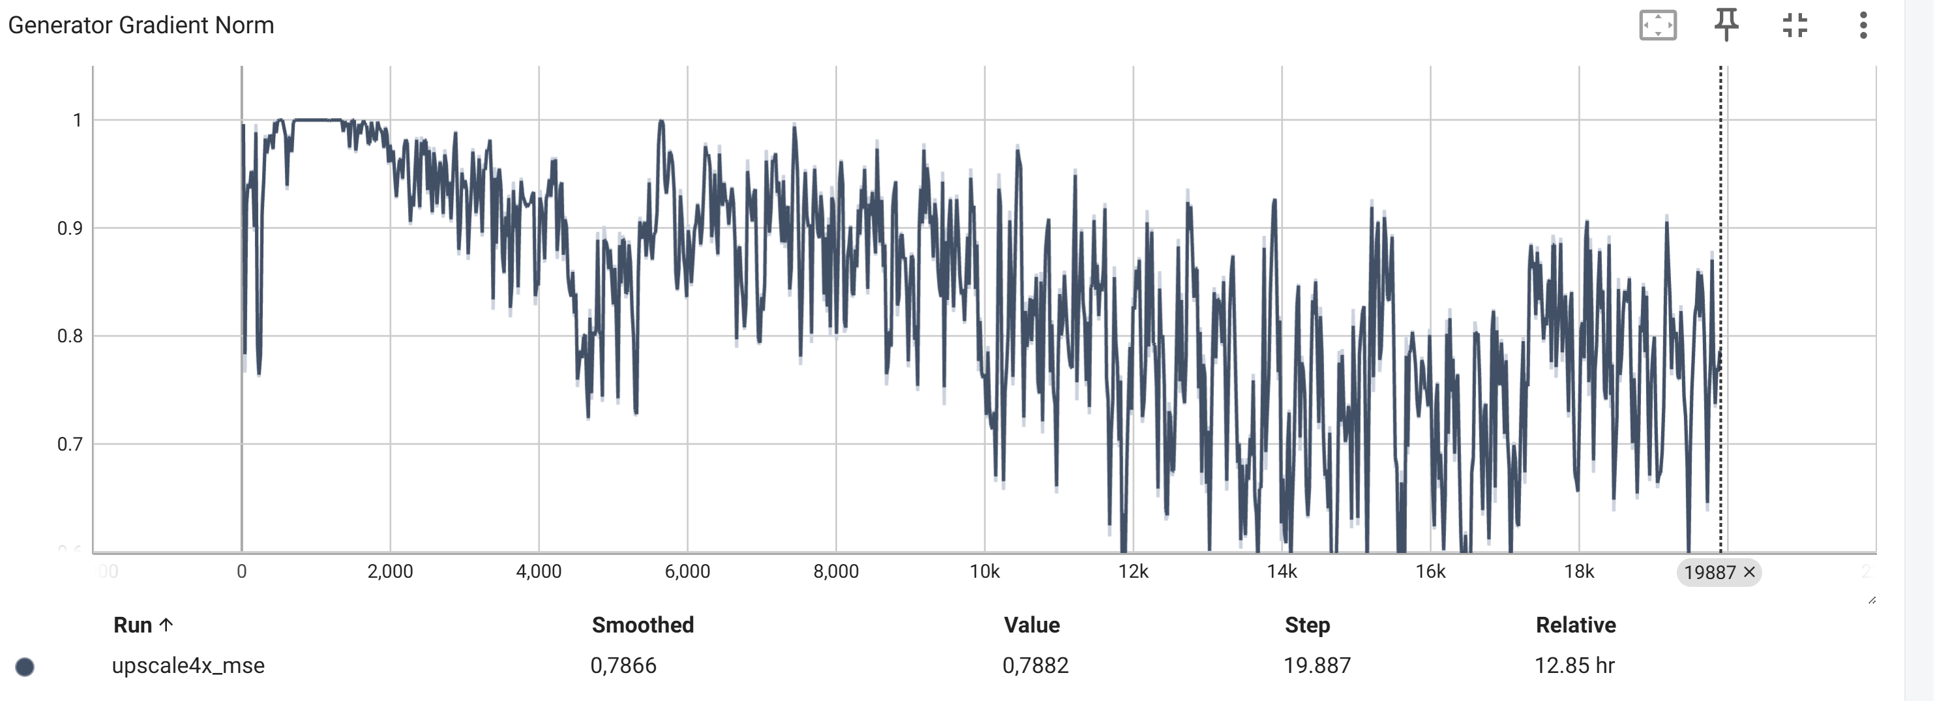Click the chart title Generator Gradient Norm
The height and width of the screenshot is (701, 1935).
pyautogui.click(x=141, y=25)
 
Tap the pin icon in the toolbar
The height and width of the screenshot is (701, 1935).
pyautogui.click(x=1726, y=25)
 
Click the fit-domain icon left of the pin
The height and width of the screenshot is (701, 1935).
pyautogui.click(x=1657, y=25)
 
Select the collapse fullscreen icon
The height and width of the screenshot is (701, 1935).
pyautogui.click(x=1795, y=25)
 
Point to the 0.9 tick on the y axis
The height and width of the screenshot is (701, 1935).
pyautogui.click(x=70, y=228)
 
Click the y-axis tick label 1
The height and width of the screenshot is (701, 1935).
pyautogui.click(x=77, y=120)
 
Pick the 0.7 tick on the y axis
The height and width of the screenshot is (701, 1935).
pyautogui.click(x=70, y=444)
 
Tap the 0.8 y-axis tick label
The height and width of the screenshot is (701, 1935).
pyautogui.click(x=70, y=336)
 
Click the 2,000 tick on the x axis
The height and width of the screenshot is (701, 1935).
pyautogui.click(x=390, y=572)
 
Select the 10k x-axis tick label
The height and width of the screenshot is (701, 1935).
pyautogui.click(x=984, y=572)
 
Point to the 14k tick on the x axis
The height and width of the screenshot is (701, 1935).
pyautogui.click(x=1282, y=572)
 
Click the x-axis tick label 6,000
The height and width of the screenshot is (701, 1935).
pyautogui.click(x=687, y=572)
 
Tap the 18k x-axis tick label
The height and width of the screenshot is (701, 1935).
pyautogui.click(x=1579, y=572)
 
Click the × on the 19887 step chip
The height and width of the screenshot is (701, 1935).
pyautogui.click(x=1749, y=573)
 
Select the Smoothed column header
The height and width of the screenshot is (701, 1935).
pyautogui.click(x=642, y=625)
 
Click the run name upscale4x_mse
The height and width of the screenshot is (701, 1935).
pyautogui.click(x=188, y=666)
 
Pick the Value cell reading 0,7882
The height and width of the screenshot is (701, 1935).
pyautogui.click(x=1035, y=666)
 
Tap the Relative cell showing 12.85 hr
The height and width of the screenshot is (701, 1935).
pyautogui.click(x=1574, y=666)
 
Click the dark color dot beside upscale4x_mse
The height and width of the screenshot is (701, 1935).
pyautogui.click(x=25, y=667)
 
